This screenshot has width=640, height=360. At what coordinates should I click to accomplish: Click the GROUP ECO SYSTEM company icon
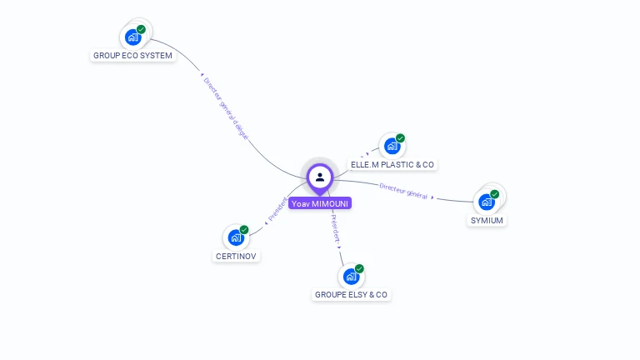click(132, 37)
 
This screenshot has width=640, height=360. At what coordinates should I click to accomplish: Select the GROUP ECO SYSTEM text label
click(132, 56)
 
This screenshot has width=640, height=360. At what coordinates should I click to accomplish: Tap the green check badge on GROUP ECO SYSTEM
click(142, 29)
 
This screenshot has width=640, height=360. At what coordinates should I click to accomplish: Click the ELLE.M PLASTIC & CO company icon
click(392, 147)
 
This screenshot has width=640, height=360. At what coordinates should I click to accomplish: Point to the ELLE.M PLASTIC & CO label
click(392, 165)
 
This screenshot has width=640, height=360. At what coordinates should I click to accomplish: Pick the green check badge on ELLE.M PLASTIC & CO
click(401, 138)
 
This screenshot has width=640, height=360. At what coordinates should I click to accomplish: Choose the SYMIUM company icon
click(486, 202)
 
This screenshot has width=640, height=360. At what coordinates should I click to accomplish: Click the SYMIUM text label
click(487, 221)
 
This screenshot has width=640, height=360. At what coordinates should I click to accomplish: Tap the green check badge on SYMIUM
click(495, 194)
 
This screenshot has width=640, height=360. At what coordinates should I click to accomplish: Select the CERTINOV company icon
click(236, 237)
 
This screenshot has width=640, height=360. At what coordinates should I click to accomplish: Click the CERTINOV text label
click(236, 256)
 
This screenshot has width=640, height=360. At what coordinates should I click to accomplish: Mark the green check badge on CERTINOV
click(244, 229)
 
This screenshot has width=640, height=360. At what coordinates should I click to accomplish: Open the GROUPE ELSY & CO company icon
click(351, 276)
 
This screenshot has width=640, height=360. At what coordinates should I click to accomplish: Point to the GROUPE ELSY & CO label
click(351, 295)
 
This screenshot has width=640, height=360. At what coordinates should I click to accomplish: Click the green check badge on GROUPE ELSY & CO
click(360, 268)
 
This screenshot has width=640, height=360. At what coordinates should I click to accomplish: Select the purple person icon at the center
click(320, 177)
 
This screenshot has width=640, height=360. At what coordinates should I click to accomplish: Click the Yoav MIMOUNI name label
click(320, 203)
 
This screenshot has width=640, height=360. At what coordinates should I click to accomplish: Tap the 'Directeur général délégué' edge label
click(226, 108)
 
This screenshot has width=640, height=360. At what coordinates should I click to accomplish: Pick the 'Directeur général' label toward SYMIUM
click(403, 190)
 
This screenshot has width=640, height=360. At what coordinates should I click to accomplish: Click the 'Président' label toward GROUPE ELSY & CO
click(335, 228)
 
